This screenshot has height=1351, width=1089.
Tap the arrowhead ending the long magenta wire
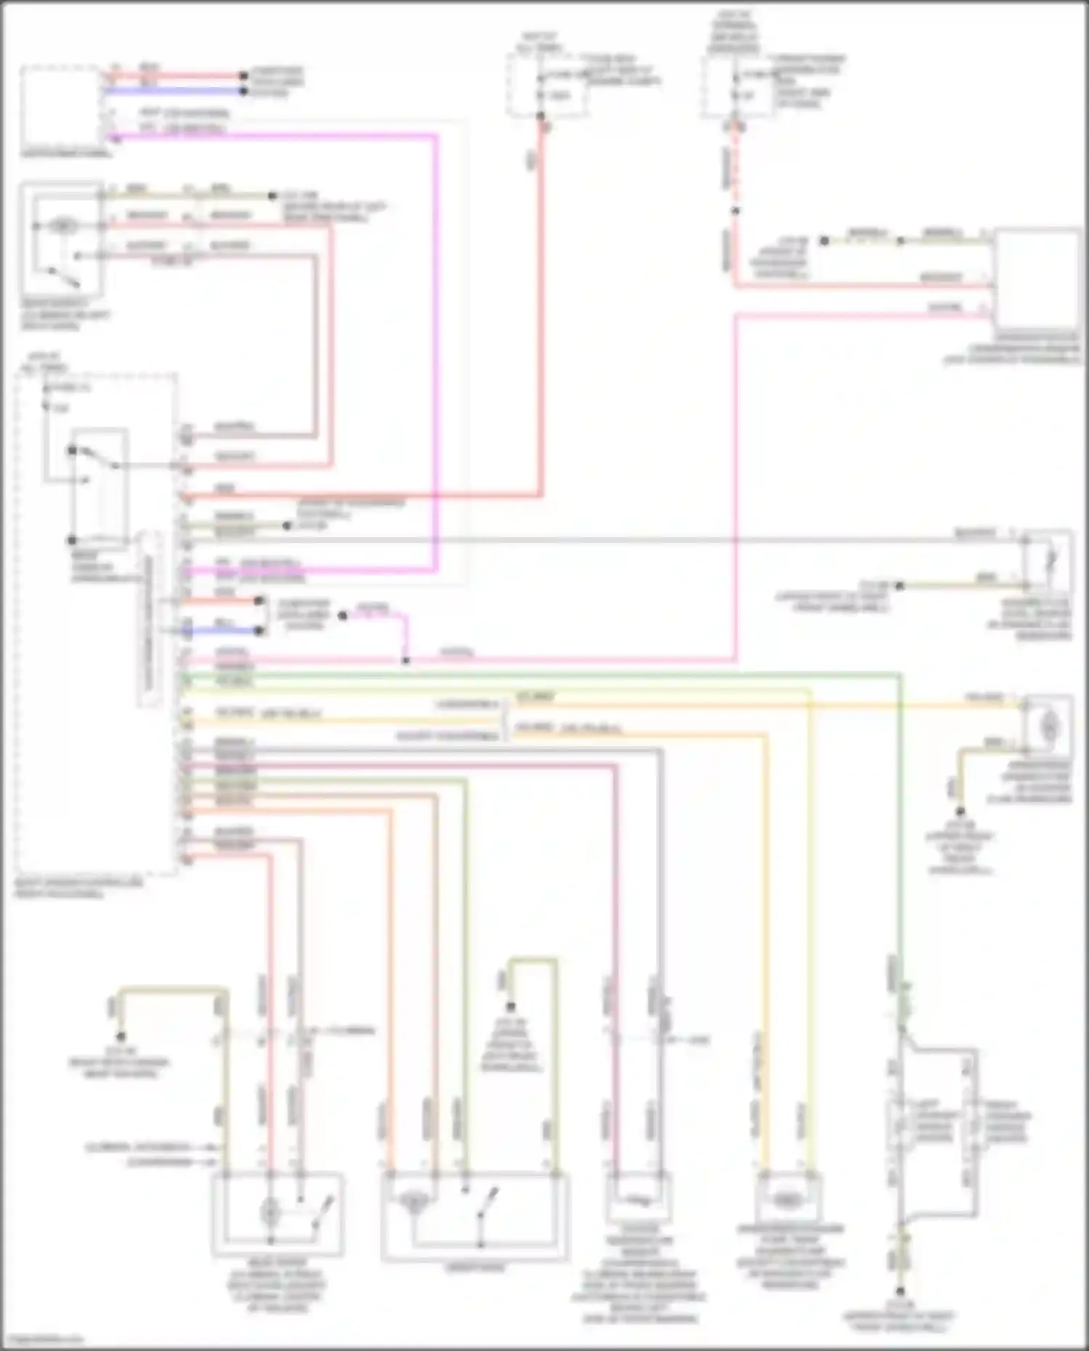click(x=111, y=136)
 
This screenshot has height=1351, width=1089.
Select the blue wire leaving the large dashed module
click(x=221, y=631)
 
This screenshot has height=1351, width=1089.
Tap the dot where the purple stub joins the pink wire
click(x=406, y=661)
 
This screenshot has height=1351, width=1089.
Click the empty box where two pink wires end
click(x=1036, y=279)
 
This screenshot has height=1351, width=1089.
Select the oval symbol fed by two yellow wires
click(x=786, y=1201)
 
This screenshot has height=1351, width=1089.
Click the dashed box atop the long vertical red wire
click(x=547, y=86)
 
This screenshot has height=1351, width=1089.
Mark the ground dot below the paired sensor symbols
click(x=900, y=1290)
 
